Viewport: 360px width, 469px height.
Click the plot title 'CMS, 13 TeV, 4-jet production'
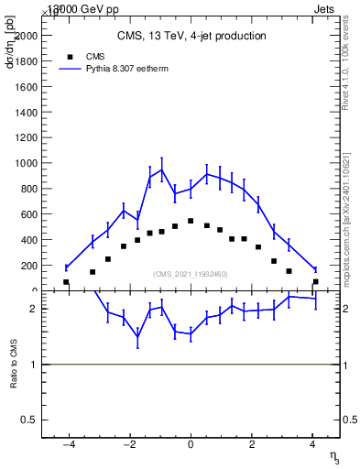[x=191, y=37]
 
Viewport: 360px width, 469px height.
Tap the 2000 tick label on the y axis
[x=27, y=35]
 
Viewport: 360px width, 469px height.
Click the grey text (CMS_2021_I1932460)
[x=190, y=274]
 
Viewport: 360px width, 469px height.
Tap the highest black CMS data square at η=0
[x=191, y=221]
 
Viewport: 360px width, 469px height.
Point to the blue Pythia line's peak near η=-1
[x=162, y=169]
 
